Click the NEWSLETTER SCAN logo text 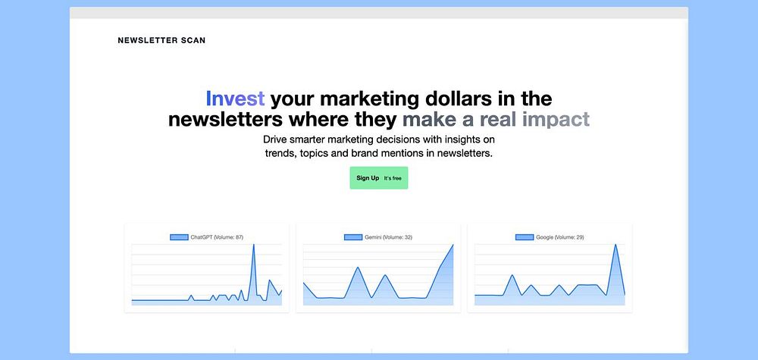pyautogui.click(x=161, y=41)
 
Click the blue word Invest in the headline pyautogui.click(x=235, y=99)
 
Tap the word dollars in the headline pyautogui.click(x=460, y=99)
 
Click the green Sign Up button pyautogui.click(x=379, y=178)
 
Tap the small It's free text pyautogui.click(x=393, y=178)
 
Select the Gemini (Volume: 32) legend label pyautogui.click(x=388, y=237)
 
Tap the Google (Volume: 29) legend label pyautogui.click(x=560, y=237)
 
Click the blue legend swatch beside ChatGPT pyautogui.click(x=179, y=237)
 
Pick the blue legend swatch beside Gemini pyautogui.click(x=353, y=237)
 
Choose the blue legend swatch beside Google pyautogui.click(x=525, y=237)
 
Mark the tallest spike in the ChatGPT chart pyautogui.click(x=254, y=245)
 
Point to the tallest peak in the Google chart pyautogui.click(x=615, y=245)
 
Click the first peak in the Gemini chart pyautogui.click(x=357, y=268)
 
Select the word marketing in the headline pyautogui.click(x=371, y=99)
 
